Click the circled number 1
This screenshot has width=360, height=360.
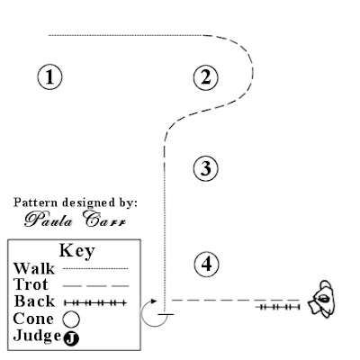click(x=51, y=76)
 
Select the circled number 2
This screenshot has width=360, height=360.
click(x=206, y=76)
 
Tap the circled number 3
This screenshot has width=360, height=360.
click(x=206, y=167)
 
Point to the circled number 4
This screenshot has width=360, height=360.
click(x=206, y=264)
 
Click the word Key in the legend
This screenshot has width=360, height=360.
click(x=76, y=251)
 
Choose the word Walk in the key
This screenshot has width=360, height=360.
click(x=32, y=268)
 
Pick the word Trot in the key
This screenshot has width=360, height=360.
click(x=31, y=284)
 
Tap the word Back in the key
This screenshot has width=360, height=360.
click(x=32, y=301)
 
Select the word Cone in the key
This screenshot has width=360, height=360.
click(x=33, y=318)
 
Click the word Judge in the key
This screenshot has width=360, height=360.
click(x=36, y=335)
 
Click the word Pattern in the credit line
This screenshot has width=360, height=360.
click(x=33, y=202)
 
